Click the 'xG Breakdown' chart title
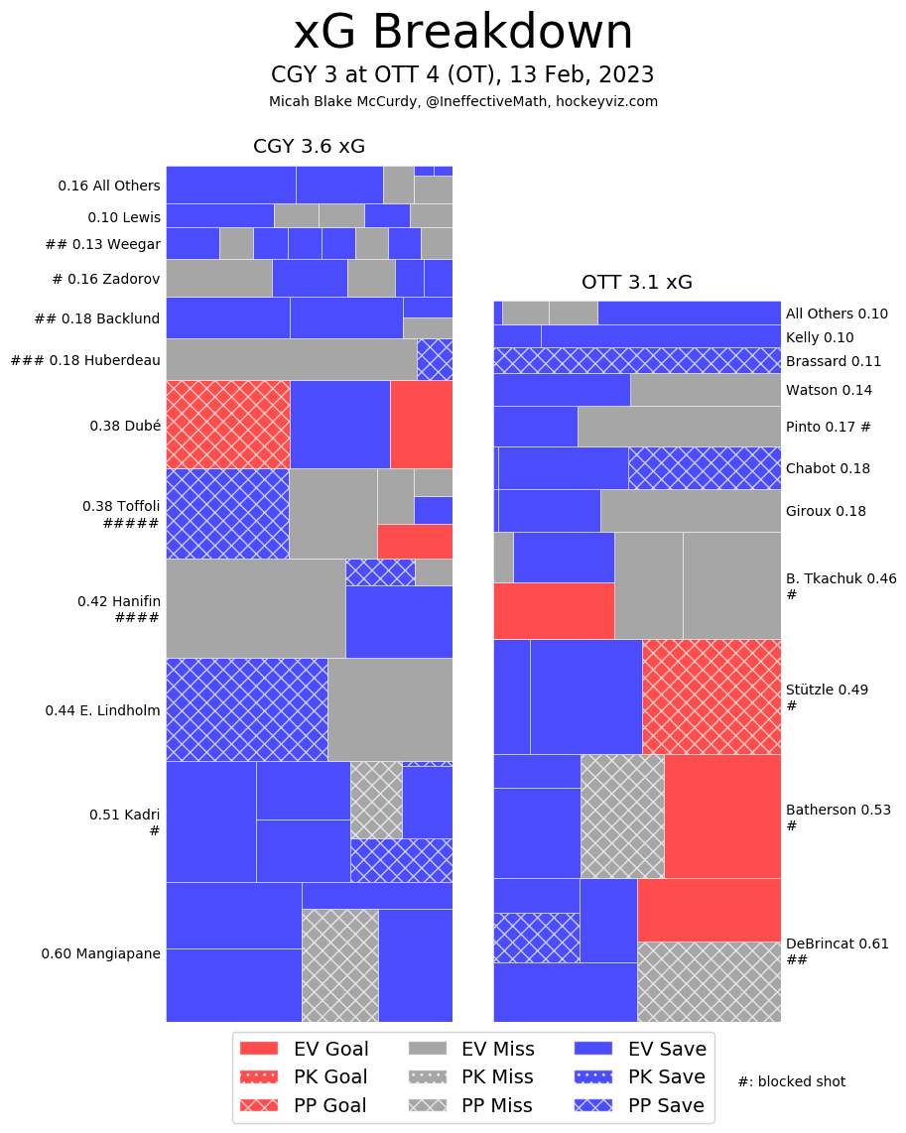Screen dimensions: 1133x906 coord(462,34)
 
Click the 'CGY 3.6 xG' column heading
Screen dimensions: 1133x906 coord(309,147)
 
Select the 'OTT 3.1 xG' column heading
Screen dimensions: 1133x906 coord(637,282)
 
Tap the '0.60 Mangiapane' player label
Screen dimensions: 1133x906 coord(100,953)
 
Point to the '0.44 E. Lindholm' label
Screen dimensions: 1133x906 coord(102,710)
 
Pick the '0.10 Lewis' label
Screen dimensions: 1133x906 coord(123,216)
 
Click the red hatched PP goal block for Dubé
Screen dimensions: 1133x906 coord(227,424)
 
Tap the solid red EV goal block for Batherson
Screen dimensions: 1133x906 coord(721,816)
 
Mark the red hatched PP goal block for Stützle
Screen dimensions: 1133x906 coord(711,696)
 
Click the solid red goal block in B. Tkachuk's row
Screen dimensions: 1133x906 coord(553,610)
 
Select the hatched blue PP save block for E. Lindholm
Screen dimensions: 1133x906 coord(246,709)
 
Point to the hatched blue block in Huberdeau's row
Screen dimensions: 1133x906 coord(435,359)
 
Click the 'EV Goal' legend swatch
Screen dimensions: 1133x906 coord(260,1049)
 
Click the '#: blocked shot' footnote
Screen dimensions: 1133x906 coord(791,1081)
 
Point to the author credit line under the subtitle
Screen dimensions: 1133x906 coord(462,101)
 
